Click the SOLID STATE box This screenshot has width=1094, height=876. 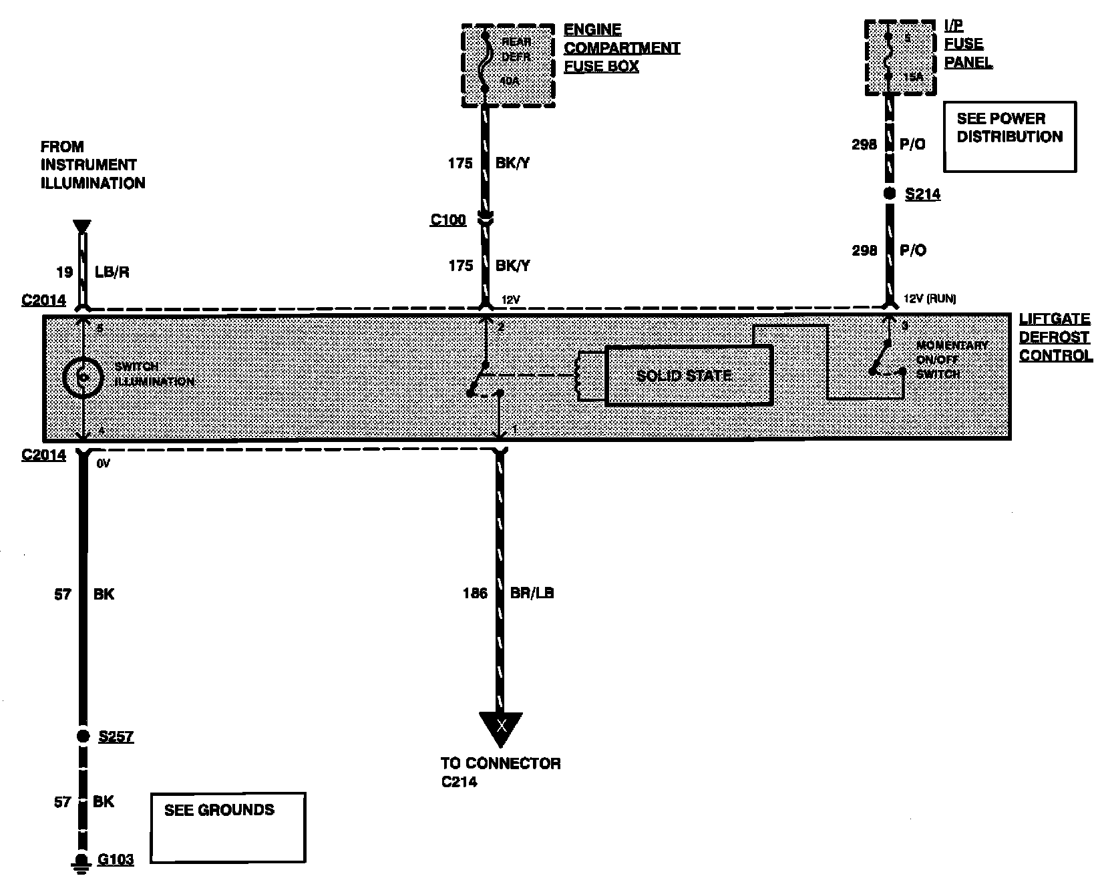(x=689, y=375)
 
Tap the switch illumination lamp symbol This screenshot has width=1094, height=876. (x=82, y=377)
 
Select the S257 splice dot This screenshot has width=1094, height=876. (x=83, y=736)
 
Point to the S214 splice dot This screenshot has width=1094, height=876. (x=890, y=194)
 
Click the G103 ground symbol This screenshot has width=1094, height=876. (x=81, y=861)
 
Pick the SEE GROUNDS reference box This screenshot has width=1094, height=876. (x=228, y=827)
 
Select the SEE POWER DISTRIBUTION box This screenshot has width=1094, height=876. (x=1009, y=136)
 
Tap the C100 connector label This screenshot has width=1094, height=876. (x=447, y=220)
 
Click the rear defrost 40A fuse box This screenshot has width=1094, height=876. (x=508, y=65)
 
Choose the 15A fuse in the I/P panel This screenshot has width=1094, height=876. (x=900, y=58)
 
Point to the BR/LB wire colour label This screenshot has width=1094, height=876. (x=532, y=593)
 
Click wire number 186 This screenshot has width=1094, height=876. (x=475, y=593)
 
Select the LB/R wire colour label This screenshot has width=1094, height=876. (x=112, y=272)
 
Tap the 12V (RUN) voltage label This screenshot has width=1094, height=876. (x=929, y=298)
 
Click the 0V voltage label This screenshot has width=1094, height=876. (x=103, y=462)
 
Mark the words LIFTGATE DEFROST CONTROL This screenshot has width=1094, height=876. (x=1055, y=338)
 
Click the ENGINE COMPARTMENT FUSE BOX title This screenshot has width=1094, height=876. (x=621, y=48)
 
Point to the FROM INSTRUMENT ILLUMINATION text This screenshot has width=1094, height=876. (x=92, y=164)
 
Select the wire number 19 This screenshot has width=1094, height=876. (x=64, y=272)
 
